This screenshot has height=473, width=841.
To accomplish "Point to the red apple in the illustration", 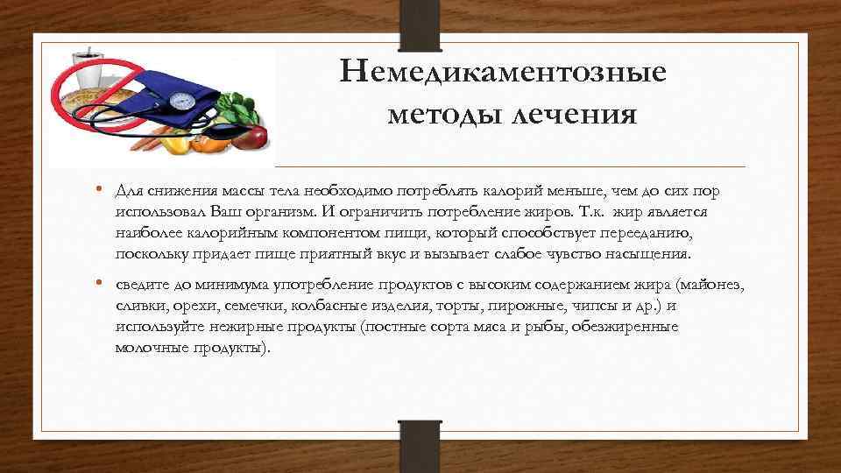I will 255,137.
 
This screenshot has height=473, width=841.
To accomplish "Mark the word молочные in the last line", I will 146,348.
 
